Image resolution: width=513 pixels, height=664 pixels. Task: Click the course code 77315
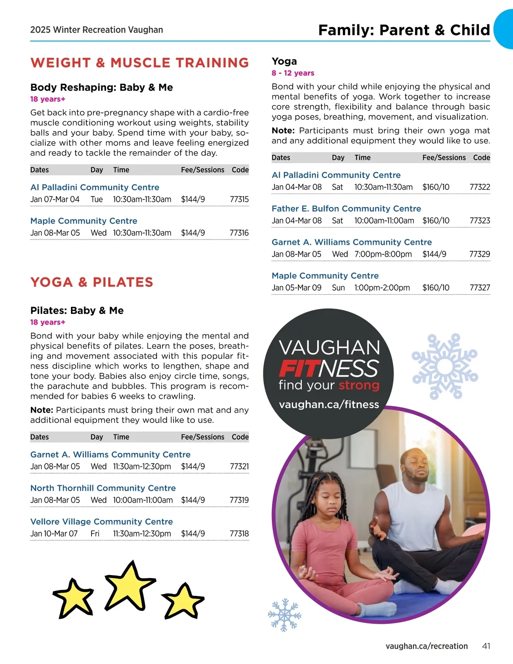pos(239,199)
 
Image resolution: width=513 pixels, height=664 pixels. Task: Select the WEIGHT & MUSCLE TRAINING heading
pos(140,63)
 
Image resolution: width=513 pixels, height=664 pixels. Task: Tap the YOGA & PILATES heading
pos(91,282)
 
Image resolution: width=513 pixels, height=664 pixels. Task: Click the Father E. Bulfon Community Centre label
pos(346,209)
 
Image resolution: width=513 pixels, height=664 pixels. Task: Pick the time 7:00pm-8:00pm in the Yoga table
pos(383,254)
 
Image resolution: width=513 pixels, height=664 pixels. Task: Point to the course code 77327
pos(480,288)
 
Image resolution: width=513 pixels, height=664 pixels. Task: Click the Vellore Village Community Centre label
pos(102,522)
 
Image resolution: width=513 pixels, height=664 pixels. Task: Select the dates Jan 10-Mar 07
pos(54,534)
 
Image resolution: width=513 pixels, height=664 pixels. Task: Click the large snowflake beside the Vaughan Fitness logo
pos(445,366)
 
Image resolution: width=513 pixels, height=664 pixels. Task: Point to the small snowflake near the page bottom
pos(284,615)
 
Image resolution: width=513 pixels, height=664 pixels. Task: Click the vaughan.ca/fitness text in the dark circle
pos(329,404)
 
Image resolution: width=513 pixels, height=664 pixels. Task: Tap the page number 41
pos(486,646)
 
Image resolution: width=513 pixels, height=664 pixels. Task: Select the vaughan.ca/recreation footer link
pos(426,646)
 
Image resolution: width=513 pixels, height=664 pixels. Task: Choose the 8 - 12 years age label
pos(293,73)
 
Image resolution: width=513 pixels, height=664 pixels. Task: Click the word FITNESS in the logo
pos(329,369)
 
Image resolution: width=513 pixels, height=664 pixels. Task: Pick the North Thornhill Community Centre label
pos(103,488)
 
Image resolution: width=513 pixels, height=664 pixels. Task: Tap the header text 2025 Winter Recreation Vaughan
pos(97,30)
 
